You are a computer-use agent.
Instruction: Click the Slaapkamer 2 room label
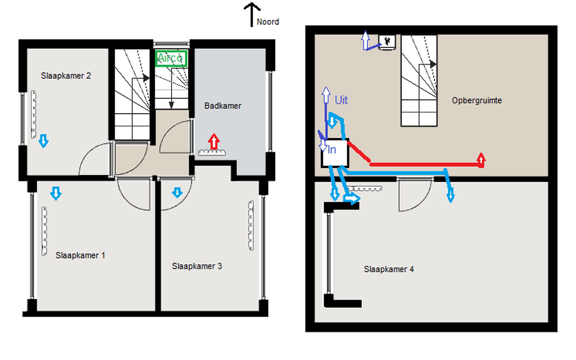[66, 76]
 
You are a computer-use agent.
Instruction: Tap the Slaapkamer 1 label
[80, 255]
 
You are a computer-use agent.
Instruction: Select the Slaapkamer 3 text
[197, 266]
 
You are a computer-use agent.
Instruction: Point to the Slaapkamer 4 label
[388, 269]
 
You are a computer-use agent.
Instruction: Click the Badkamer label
[223, 106]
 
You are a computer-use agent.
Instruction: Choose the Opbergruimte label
[476, 100]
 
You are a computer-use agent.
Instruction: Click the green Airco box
[171, 58]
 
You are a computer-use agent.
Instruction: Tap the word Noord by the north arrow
[268, 22]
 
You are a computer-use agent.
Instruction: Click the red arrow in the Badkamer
[214, 142]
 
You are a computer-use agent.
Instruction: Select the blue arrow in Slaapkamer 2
[43, 141]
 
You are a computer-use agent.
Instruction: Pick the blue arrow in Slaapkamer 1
[56, 193]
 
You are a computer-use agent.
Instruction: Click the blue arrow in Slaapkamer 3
[177, 193]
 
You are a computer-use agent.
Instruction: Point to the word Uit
[341, 100]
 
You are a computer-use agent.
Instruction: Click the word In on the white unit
[332, 149]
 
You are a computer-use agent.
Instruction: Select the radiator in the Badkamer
[212, 152]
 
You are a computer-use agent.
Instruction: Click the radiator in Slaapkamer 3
[251, 226]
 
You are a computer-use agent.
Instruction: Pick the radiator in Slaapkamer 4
[365, 188]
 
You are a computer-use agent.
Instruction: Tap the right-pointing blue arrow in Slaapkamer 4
[351, 199]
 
